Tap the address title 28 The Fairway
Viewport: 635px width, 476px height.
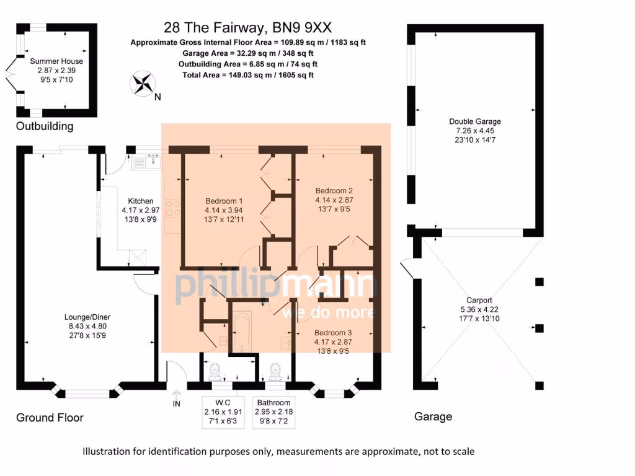[x=247, y=27]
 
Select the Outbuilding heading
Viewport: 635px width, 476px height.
[x=45, y=126]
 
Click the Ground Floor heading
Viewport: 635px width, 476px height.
[x=50, y=417]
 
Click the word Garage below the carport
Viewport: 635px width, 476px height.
[x=433, y=417]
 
